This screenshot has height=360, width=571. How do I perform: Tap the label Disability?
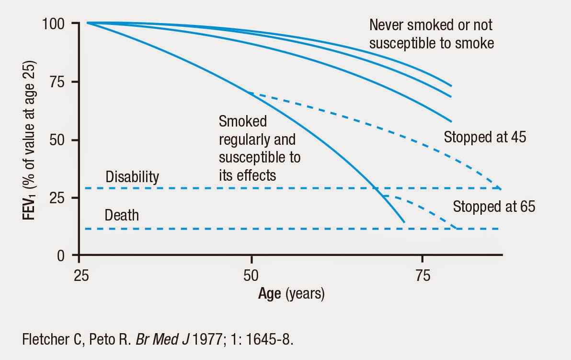click(132, 177)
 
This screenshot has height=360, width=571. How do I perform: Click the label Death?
click(122, 215)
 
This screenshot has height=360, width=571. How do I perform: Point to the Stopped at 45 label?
click(485, 137)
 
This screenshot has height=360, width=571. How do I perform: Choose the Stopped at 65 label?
click(494, 207)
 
